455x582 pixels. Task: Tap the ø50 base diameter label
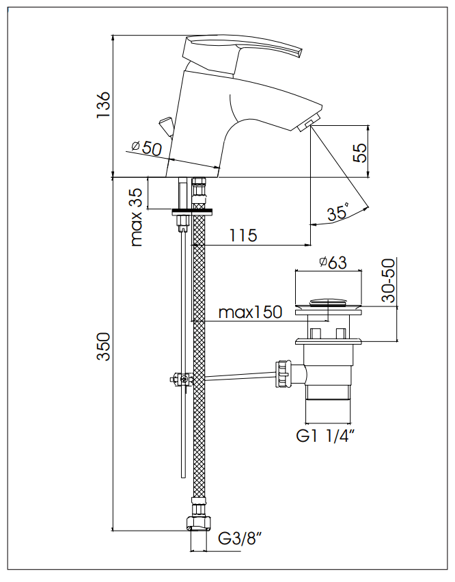pyautogui.click(x=146, y=146)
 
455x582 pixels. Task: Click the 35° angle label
pyautogui.click(x=337, y=213)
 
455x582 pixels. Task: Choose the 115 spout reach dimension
pyautogui.click(x=243, y=236)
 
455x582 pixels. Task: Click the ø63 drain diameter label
pyautogui.click(x=333, y=263)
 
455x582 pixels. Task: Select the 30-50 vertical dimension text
pyautogui.click(x=389, y=281)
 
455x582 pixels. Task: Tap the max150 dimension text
pyautogui.click(x=250, y=313)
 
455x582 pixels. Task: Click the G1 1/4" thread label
pyautogui.click(x=327, y=436)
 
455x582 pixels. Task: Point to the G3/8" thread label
pyautogui.click(x=241, y=540)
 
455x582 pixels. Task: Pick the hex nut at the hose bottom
pyautogui.click(x=198, y=523)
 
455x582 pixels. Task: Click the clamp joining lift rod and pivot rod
pyautogui.click(x=181, y=378)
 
